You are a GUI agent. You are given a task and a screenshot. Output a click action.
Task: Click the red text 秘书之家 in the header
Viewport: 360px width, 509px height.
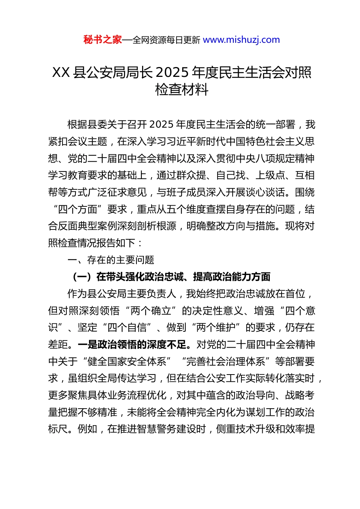(102, 40)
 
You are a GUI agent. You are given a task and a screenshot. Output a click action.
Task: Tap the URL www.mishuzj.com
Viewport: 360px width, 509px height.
(241, 40)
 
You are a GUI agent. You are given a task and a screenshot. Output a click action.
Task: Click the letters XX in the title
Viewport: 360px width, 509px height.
(61, 72)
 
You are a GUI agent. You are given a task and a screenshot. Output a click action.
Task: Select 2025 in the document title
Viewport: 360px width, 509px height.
(172, 72)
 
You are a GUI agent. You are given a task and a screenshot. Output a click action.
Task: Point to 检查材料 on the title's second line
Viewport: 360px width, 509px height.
(182, 90)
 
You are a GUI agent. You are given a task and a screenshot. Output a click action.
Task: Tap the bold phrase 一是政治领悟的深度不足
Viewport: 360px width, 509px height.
(132, 344)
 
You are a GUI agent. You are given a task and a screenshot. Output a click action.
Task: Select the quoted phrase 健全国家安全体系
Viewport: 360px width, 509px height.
(127, 361)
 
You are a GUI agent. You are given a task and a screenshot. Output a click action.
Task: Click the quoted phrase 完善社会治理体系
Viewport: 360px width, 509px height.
(225, 361)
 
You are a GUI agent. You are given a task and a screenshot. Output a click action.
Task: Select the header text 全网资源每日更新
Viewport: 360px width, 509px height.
(166, 40)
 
